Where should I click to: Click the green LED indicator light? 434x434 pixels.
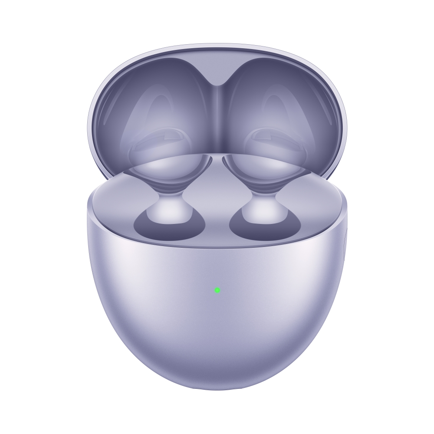(217, 290)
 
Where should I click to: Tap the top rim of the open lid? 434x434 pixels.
(217, 45)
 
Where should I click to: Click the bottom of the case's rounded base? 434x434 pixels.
(217, 384)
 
